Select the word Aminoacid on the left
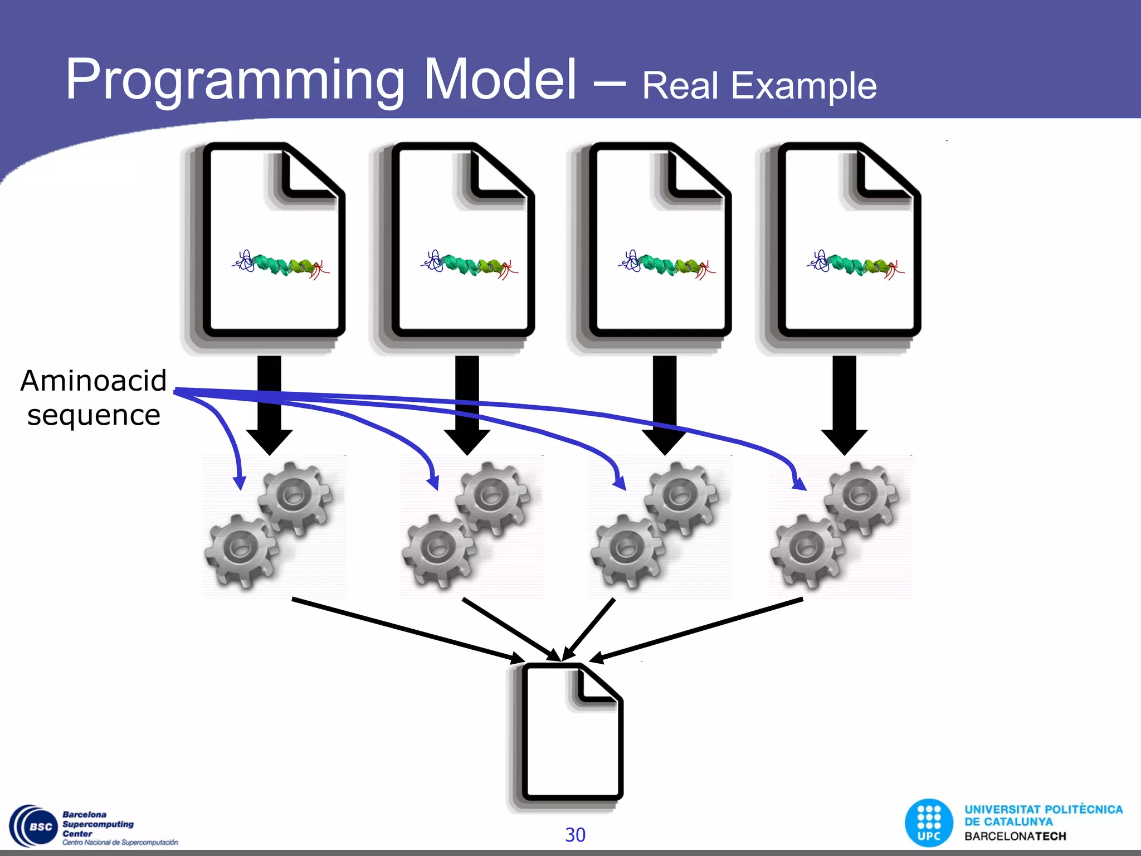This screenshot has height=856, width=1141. point(94,381)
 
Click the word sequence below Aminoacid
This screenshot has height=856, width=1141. point(94,415)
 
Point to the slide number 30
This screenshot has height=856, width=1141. point(575,835)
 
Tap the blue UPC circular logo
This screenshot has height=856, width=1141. point(929,823)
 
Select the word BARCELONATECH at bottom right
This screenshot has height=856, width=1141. point(1015,836)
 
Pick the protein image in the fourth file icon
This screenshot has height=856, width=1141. point(855,265)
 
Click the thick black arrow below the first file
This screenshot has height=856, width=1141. point(270,407)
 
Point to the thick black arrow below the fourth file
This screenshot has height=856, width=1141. point(844,407)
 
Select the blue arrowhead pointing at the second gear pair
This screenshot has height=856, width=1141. point(433,481)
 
